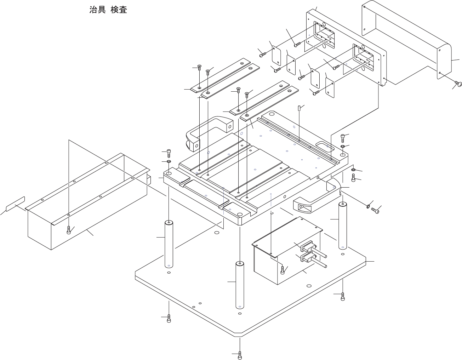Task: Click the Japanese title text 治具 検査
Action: tap(108, 10)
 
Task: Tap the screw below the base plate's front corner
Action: tap(240, 355)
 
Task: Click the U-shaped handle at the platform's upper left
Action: tap(205, 133)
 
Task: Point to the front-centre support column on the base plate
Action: tap(240, 285)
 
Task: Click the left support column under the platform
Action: tap(169, 244)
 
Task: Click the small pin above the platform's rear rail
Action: tap(300, 108)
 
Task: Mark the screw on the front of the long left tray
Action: tap(69, 230)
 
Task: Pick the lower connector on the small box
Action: tap(307, 257)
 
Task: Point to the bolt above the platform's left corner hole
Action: tap(169, 153)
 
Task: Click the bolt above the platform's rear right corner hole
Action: tap(343, 137)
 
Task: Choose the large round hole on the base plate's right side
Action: tap(309, 286)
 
